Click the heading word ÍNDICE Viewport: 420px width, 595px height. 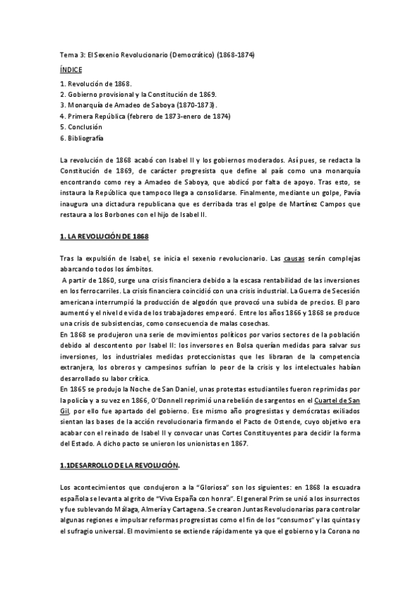71,70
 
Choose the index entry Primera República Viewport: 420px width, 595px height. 145,116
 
